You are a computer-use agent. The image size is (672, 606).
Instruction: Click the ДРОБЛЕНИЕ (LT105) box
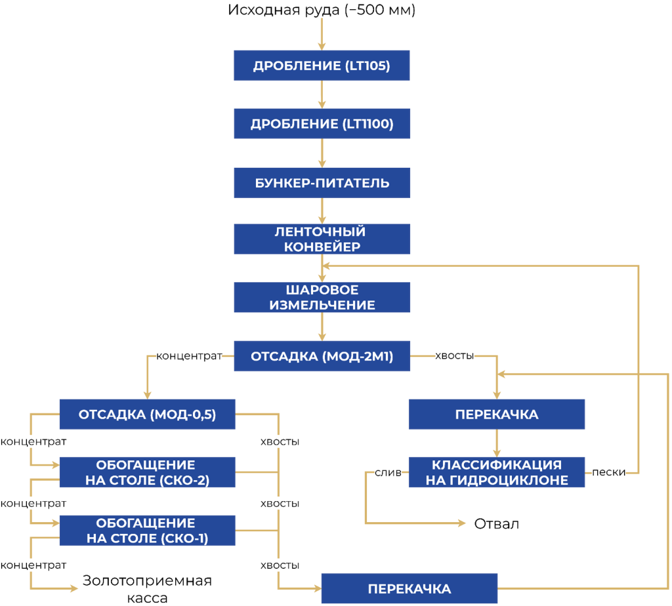point(322,66)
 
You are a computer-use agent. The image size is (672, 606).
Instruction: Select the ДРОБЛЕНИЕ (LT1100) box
point(322,124)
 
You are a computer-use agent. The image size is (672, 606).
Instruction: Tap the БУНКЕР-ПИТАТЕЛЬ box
point(322,183)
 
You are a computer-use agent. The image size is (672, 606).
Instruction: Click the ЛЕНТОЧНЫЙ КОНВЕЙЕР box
point(322,239)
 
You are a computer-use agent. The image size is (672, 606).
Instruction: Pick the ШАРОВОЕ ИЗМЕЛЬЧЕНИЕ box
point(322,297)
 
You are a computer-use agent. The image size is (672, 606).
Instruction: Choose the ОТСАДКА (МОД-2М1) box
point(322,356)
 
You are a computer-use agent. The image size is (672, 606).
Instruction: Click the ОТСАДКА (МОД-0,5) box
point(148,414)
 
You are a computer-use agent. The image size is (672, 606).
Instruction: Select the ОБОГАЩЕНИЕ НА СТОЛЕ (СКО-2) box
point(148,472)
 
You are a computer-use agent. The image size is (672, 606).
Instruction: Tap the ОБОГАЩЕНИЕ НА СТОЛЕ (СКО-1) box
point(148,531)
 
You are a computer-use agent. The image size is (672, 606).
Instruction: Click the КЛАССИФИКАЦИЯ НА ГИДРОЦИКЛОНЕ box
point(497,472)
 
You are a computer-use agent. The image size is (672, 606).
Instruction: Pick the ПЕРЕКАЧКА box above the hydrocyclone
point(497,414)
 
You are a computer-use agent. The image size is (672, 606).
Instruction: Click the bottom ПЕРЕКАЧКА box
point(409,588)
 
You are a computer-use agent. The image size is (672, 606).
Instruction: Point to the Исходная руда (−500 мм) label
point(322,10)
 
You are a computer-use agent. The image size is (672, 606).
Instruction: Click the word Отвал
point(496,523)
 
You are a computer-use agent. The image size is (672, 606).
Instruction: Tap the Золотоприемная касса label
point(147,589)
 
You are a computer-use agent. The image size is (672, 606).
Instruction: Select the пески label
point(608,472)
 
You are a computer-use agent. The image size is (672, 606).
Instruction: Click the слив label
point(388,472)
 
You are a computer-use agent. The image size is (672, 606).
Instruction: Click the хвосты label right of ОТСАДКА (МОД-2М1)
point(454,356)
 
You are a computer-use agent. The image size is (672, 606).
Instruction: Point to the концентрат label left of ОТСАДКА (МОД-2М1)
point(189,356)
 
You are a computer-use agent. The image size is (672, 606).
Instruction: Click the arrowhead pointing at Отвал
point(462,523)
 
